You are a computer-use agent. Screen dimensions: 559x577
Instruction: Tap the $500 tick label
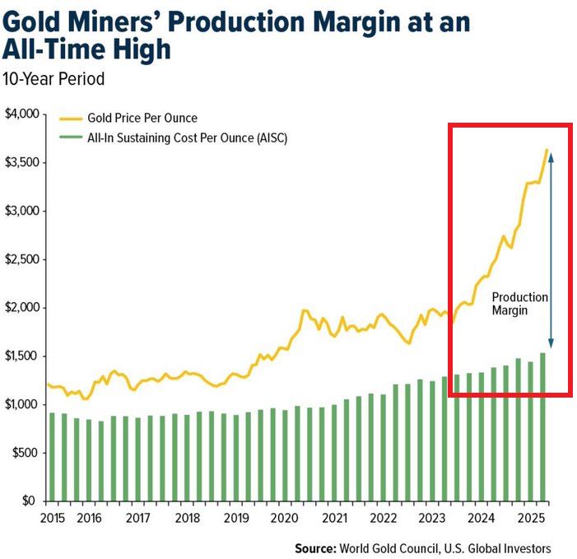tap(25, 453)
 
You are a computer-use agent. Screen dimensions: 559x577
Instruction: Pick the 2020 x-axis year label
tap(284, 519)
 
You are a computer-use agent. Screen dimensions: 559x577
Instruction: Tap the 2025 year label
tap(528, 519)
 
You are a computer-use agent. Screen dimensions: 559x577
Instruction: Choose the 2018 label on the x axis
tap(188, 519)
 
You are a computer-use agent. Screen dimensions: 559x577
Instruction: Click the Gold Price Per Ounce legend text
tap(142, 119)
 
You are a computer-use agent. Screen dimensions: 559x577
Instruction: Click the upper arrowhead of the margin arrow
tap(551, 154)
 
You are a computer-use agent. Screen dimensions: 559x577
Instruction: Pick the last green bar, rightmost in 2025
tap(542, 426)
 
